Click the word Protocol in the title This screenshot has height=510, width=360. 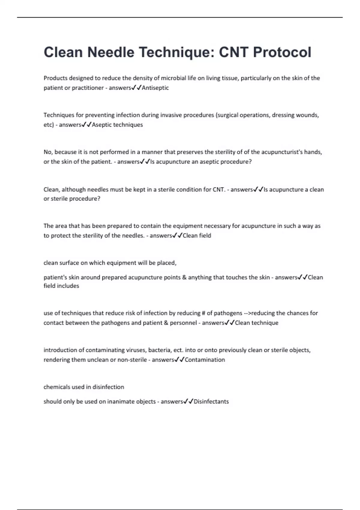pyautogui.click(x=282, y=52)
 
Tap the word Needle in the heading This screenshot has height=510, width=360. pyautogui.click(x=111, y=52)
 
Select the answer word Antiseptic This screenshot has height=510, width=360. pyautogui.click(x=155, y=88)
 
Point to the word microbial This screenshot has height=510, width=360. pyautogui.click(x=174, y=78)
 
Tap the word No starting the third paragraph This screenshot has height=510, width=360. pyautogui.click(x=47, y=152)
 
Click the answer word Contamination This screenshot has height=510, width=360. pyautogui.click(x=205, y=360)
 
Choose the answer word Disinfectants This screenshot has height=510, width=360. pyautogui.click(x=211, y=402)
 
